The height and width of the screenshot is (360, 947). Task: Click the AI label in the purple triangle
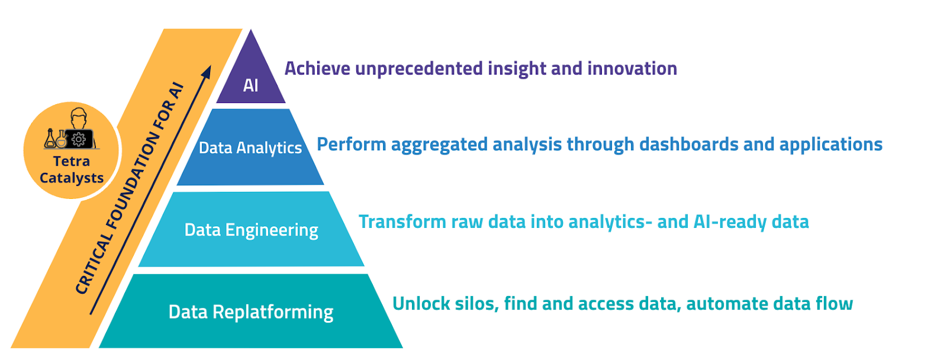[251, 85]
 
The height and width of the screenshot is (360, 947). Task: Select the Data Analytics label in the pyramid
[250, 148]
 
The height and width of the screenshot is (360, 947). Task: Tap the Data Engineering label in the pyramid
[251, 230]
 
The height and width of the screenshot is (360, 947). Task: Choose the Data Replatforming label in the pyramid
[251, 312]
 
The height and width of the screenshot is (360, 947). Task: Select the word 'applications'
[831, 145]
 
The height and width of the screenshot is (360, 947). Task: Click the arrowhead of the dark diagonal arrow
[207, 72]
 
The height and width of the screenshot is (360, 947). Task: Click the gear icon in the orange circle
[78, 139]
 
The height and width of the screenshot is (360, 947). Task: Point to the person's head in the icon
[79, 118]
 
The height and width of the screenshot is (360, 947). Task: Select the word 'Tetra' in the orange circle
[72, 161]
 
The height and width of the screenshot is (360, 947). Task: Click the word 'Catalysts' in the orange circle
[72, 178]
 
